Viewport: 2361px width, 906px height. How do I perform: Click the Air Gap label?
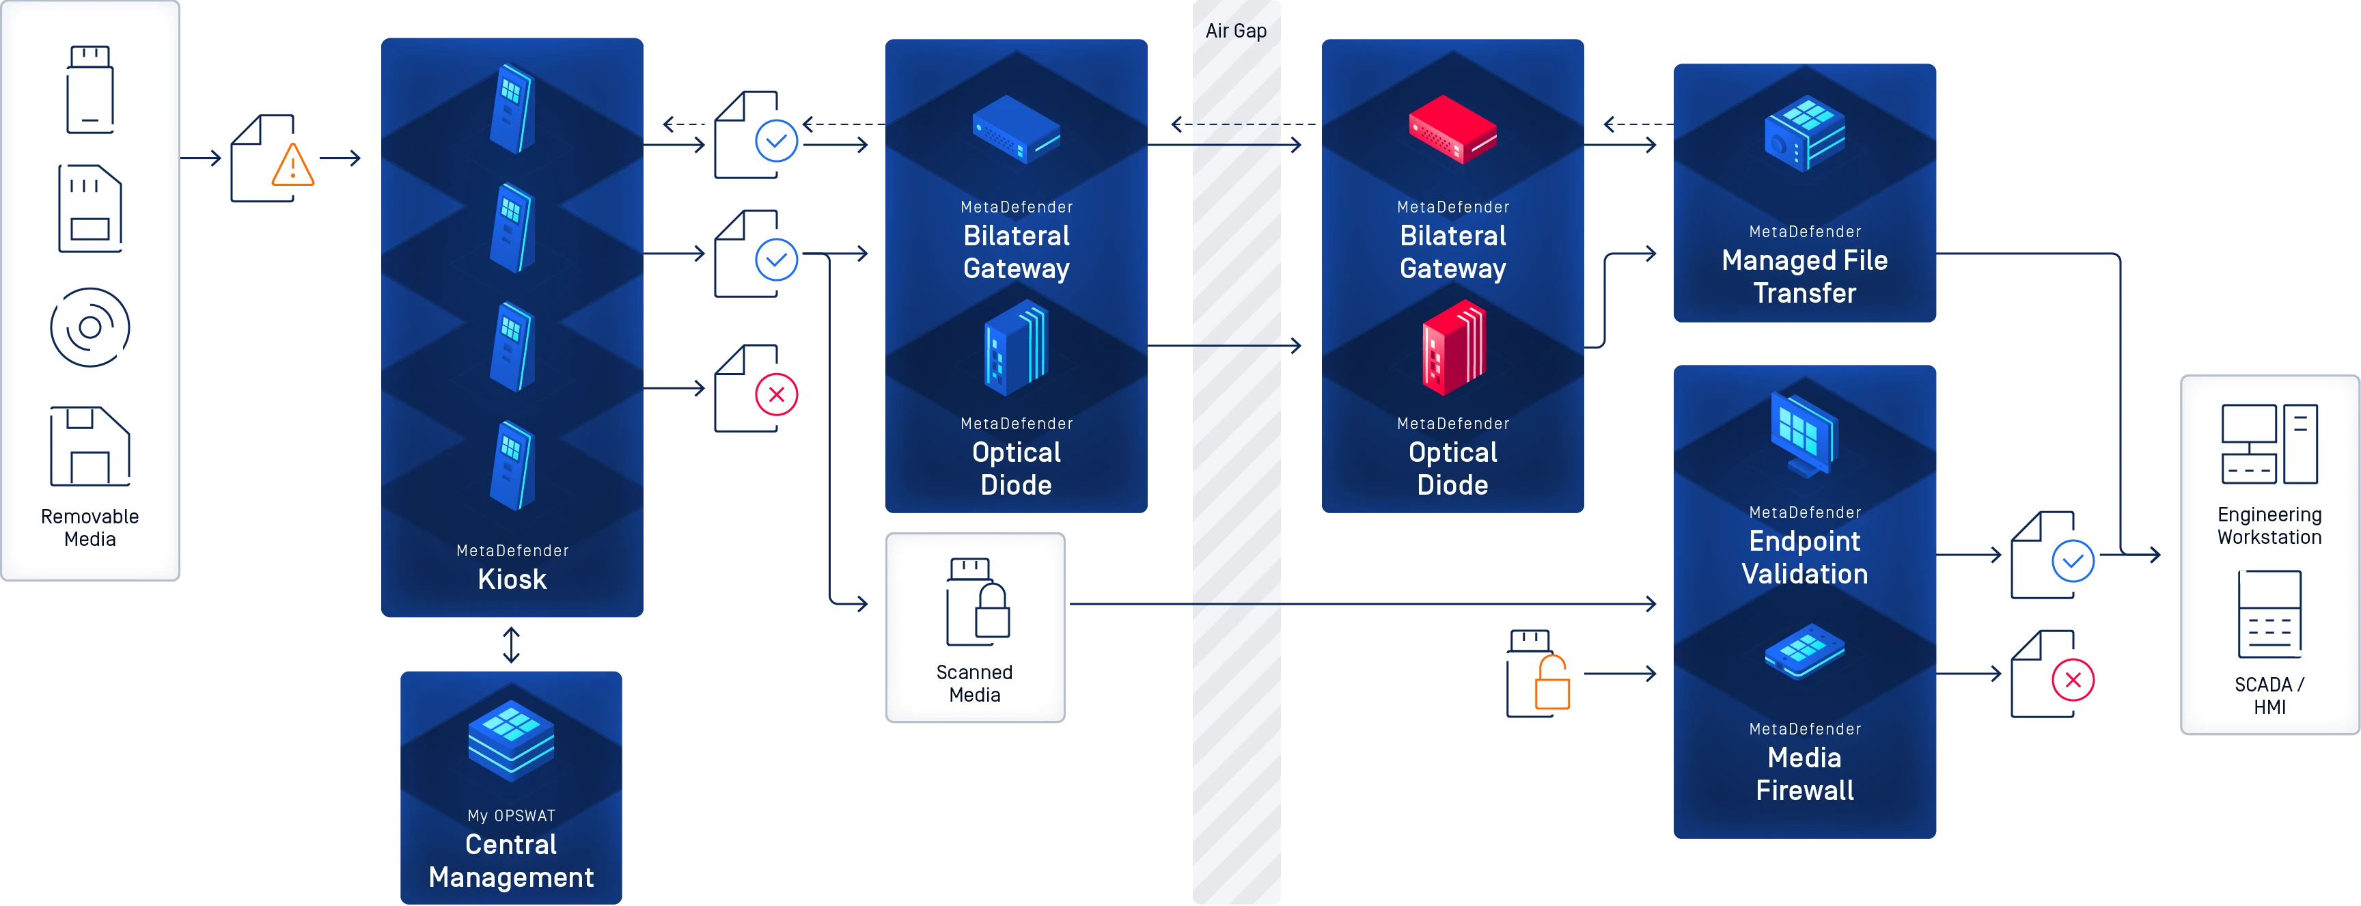coord(1235,31)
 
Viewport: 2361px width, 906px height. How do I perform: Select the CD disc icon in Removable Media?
coord(89,327)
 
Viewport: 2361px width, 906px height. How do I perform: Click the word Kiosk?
coord(512,579)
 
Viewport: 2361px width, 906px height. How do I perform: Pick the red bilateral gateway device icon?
coord(1452,129)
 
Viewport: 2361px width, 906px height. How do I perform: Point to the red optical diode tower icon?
coord(1452,348)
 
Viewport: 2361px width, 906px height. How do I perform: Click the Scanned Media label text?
coord(974,683)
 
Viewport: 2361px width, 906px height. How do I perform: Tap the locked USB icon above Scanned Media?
coord(977,601)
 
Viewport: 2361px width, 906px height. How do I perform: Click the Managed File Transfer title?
coord(1804,277)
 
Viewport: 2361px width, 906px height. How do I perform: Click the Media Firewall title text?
coord(1804,774)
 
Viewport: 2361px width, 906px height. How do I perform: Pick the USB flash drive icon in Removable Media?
coord(89,90)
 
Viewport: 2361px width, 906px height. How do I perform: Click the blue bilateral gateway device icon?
coord(1016,129)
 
